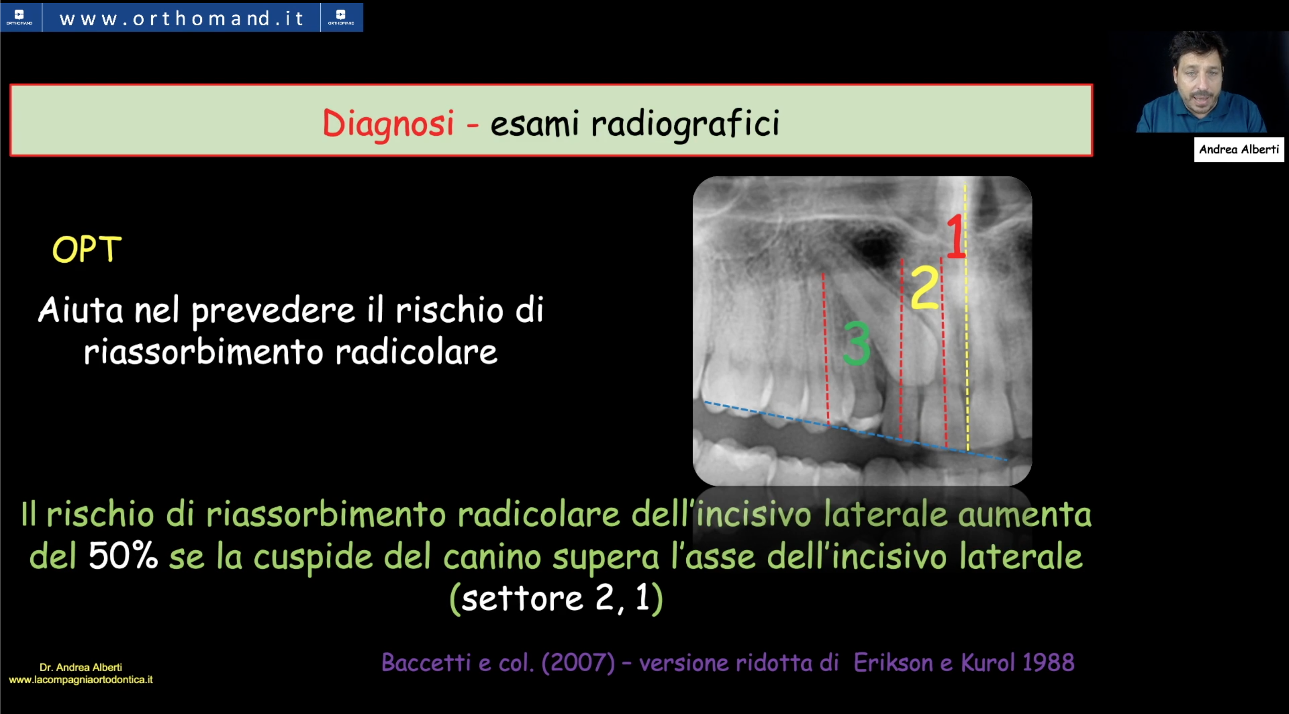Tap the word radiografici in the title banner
tap(685, 124)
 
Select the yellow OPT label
tap(87, 249)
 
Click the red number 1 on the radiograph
tap(956, 236)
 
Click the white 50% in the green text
tap(123, 556)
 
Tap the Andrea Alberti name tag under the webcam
tap(1239, 150)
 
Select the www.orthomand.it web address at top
tap(181, 19)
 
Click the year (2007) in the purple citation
tap(579, 663)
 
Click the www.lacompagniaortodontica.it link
tap(81, 680)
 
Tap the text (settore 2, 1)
tap(556, 599)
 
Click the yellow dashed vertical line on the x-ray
tap(966, 317)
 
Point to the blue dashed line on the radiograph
tap(855, 431)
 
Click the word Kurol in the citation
tap(987, 663)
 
